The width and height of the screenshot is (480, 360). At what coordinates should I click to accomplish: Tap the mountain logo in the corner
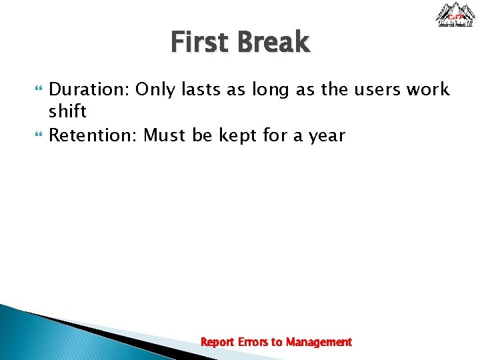point(455,15)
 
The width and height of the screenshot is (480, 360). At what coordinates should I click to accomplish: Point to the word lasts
point(204,89)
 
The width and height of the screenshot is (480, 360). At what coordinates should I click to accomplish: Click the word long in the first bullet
point(272,90)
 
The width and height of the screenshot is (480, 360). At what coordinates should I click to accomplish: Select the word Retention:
point(94,136)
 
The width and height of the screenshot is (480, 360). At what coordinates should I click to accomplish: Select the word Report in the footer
point(217,342)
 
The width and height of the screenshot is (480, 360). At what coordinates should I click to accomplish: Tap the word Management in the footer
point(319,342)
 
